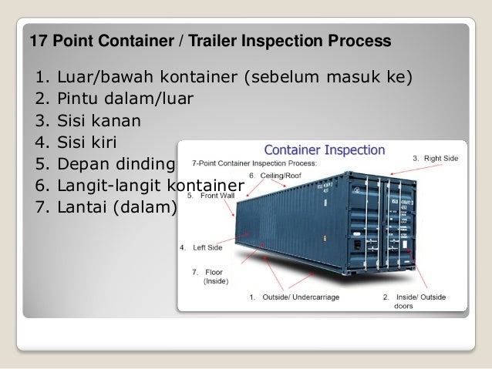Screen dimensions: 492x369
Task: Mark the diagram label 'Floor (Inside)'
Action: point(211,277)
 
